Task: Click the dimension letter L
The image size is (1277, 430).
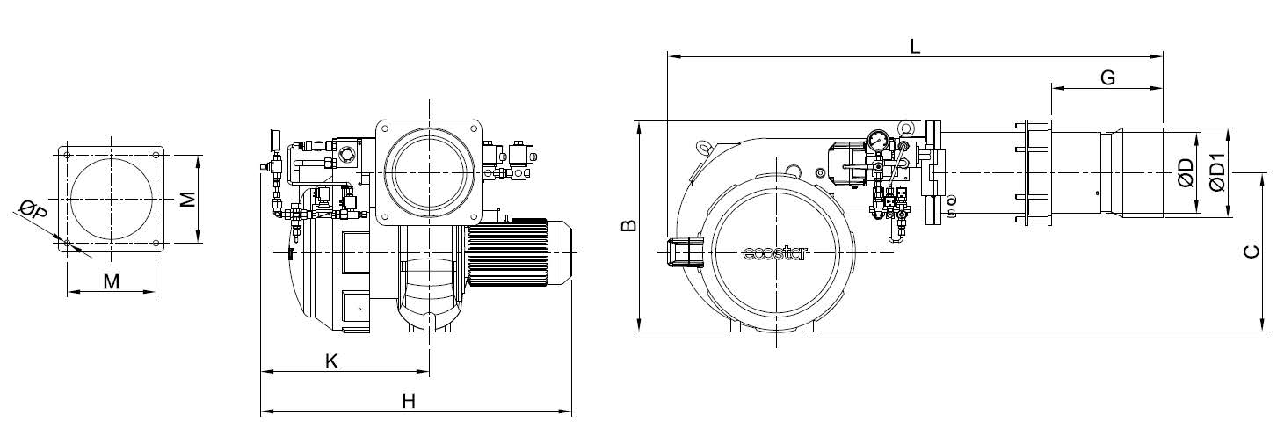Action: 914,46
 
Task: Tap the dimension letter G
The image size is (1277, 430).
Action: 1107,77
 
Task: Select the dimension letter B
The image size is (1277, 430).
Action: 628,225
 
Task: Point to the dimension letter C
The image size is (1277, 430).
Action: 1251,251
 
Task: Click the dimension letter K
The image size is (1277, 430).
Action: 332,361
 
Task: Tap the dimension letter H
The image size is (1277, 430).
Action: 408,402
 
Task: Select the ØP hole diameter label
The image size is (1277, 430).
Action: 33,210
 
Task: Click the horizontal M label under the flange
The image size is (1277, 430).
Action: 112,281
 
